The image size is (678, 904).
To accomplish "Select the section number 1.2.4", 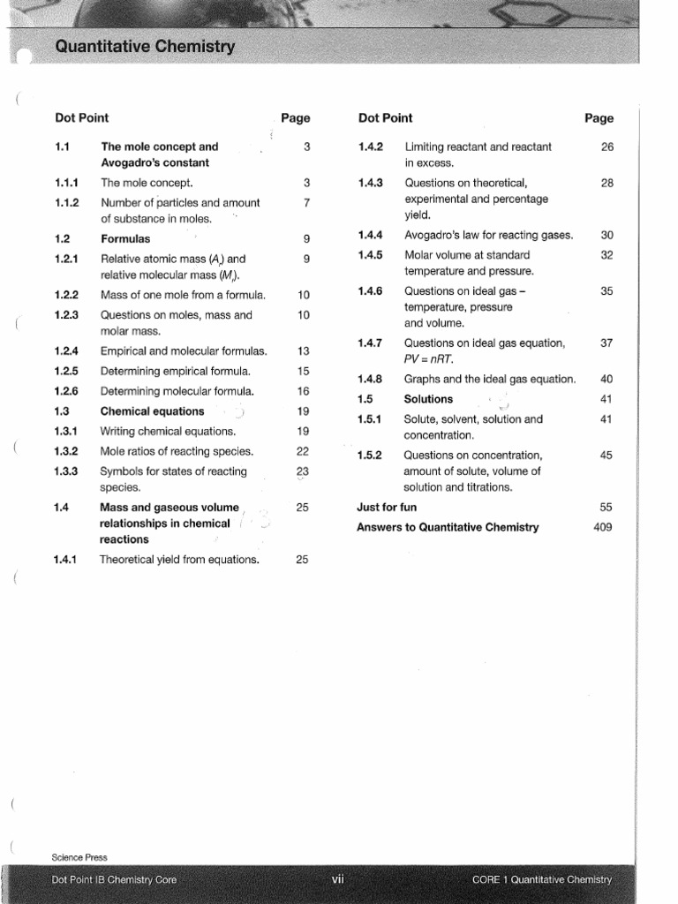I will click(66, 351).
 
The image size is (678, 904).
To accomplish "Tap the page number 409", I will click(603, 527).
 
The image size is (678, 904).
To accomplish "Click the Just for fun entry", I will click(387, 508).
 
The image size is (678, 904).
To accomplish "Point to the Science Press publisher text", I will click(79, 857).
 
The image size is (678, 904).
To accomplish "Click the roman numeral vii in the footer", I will click(338, 879).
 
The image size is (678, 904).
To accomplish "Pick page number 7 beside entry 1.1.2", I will click(306, 203).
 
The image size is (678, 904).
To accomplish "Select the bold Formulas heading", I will click(125, 239).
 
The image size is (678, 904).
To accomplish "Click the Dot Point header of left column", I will click(81, 118).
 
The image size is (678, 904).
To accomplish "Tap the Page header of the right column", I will click(599, 118).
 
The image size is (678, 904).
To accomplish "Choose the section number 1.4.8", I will click(370, 380).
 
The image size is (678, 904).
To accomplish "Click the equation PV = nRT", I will click(428, 359).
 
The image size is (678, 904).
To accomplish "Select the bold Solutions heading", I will click(428, 399).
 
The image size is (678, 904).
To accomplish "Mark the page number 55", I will click(606, 508).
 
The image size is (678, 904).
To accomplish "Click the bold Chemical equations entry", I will click(152, 411).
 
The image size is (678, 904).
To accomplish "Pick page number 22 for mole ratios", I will click(303, 451).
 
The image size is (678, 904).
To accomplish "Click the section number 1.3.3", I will click(66, 471).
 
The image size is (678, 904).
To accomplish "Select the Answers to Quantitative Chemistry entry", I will click(447, 527).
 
